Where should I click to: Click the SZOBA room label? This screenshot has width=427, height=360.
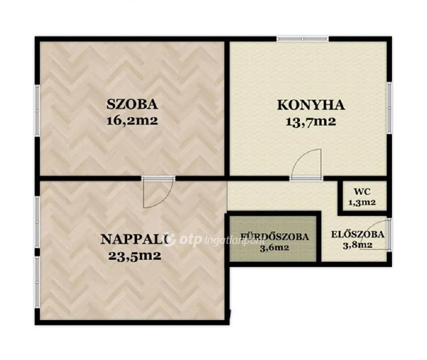(132, 104)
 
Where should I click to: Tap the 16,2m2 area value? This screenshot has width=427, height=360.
(132, 121)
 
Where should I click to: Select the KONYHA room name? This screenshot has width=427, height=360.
(311, 105)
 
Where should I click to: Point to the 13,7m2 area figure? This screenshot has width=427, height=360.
(311, 121)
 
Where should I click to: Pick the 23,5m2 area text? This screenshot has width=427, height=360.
(135, 256)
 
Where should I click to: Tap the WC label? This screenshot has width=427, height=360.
(362, 191)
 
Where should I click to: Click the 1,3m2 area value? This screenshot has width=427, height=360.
(362, 202)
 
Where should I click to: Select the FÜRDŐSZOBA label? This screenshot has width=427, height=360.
(274, 237)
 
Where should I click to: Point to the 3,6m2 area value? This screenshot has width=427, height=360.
(274, 248)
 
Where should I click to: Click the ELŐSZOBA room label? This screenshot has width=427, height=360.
(357, 234)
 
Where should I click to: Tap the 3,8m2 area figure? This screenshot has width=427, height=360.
(357, 246)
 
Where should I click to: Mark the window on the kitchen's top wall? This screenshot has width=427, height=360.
(303, 39)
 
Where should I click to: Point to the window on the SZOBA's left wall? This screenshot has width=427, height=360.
(37, 110)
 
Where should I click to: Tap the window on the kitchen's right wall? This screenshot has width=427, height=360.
(389, 108)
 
